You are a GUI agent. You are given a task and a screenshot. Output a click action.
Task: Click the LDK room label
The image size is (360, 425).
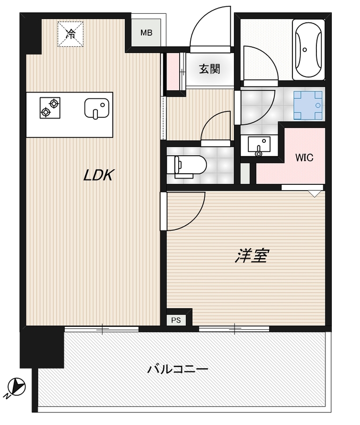point(98,175)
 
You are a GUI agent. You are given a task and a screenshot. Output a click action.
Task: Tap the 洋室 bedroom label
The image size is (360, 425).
point(252,256)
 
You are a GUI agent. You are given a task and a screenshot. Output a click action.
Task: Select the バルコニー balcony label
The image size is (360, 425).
point(178,369)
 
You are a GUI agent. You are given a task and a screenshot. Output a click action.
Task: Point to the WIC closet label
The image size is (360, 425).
point(304,157)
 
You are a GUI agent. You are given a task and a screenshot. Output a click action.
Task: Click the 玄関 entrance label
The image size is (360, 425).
point(210,69)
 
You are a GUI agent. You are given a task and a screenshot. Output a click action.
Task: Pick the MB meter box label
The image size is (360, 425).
point(146,33)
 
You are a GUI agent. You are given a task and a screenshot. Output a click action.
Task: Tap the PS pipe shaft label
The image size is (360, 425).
point(176,320)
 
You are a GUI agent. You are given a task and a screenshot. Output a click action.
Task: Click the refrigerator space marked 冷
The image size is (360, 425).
point(70,34)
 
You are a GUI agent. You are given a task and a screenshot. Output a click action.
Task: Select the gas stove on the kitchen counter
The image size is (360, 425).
point(50,108)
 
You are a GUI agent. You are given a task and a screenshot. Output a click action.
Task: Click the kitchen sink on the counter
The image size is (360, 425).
point(97,108)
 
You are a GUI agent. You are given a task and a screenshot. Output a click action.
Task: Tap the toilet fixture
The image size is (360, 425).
point(187,166)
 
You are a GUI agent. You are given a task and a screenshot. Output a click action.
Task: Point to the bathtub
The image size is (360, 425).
point(308,49)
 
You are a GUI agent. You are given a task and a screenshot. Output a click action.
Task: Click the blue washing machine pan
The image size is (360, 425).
point(308,105)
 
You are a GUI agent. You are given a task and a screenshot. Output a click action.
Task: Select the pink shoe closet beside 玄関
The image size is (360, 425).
point(173,72)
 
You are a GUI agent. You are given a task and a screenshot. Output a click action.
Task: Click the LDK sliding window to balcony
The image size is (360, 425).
point(102,329)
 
